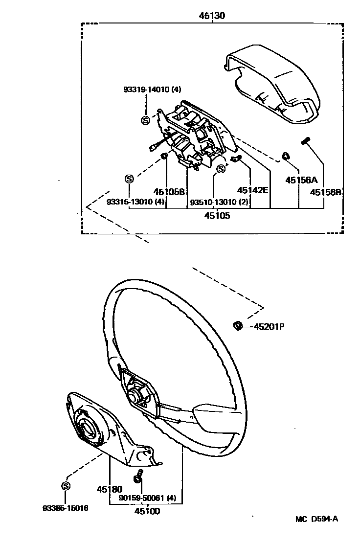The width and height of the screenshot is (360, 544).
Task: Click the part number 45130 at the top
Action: coord(212,16)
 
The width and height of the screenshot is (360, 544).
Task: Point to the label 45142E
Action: coord(252,190)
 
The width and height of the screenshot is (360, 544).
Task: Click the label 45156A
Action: coord(302,180)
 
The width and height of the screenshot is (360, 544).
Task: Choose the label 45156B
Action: coord(326,192)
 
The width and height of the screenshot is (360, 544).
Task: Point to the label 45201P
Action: coord(269,326)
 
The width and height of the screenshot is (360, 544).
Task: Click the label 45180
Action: coord(109,489)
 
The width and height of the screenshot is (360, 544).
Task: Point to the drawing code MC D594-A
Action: coord(316,519)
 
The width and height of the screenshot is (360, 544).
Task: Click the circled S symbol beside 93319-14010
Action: coord(145,120)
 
